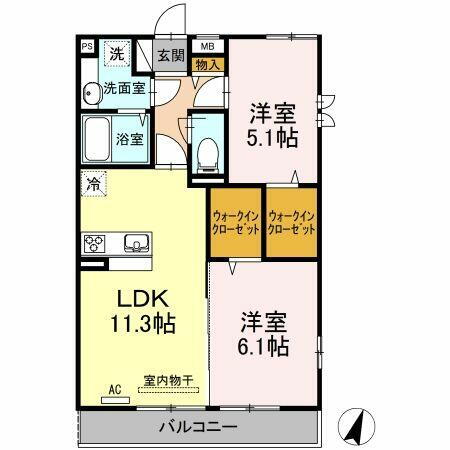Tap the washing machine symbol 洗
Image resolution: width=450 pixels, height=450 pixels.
click(118, 54)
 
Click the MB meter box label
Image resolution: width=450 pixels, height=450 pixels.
click(208, 46)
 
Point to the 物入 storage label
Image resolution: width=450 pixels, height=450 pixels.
click(209, 65)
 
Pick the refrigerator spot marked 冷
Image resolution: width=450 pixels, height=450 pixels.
click(93, 184)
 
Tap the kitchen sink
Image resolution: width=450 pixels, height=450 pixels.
click(135, 243)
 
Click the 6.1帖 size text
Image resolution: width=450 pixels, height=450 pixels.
click(265, 347)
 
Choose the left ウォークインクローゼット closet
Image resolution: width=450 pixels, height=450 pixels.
click(235, 222)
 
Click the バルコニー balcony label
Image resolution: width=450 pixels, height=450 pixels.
click(197, 428)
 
